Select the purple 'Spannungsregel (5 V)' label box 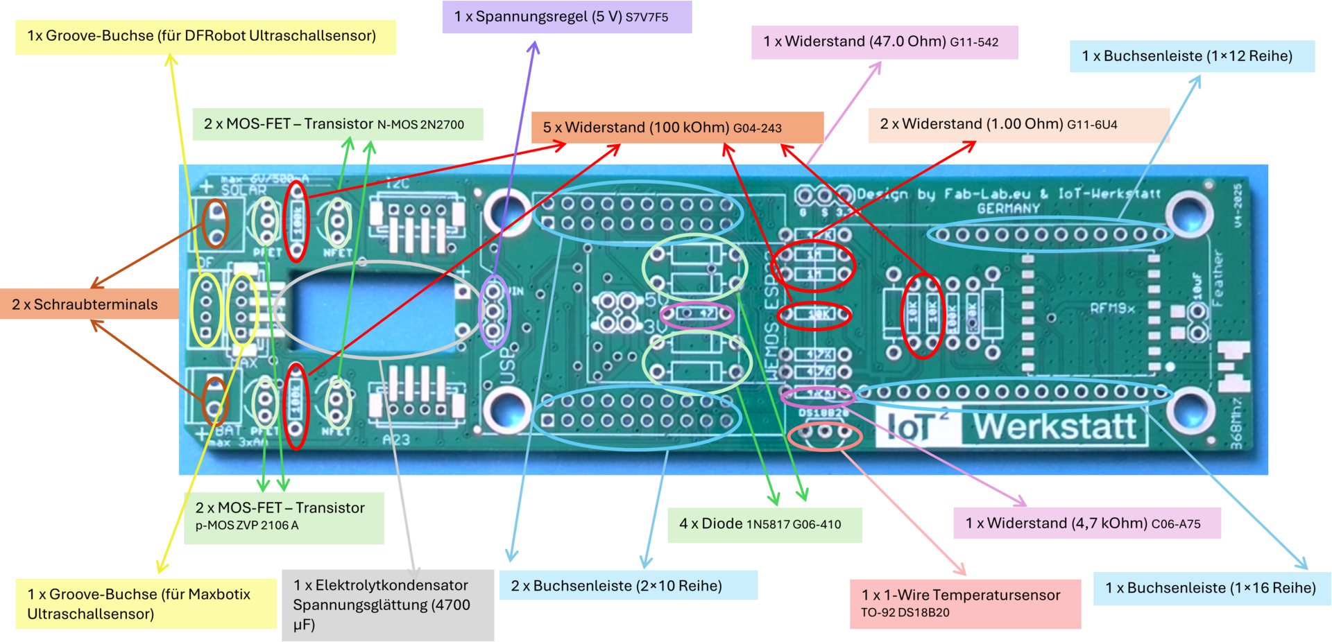tap(567, 17)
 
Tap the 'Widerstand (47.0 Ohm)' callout tap(885, 42)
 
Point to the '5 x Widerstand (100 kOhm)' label tap(676, 128)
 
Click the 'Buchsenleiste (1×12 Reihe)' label tap(1191, 56)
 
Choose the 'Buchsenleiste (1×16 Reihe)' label tap(1211, 588)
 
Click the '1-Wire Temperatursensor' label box tap(966, 603)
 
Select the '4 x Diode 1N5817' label tap(765, 524)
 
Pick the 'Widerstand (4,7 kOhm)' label tap(1086, 523)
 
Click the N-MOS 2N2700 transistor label tap(337, 124)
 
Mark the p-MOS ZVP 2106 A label tap(284, 517)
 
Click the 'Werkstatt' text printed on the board tap(1054, 426)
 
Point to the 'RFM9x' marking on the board tap(1112, 307)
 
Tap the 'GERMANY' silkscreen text tap(1008, 208)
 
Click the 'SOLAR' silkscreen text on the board tap(244, 189)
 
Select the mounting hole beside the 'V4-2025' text tap(1189, 211)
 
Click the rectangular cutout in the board tap(375, 310)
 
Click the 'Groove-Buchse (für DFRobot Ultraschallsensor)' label tap(205, 36)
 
